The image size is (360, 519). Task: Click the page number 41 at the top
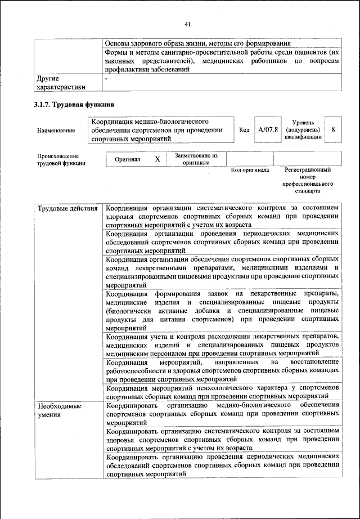click(188, 24)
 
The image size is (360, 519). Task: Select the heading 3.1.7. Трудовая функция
click(75, 104)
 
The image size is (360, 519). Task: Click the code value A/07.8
click(268, 129)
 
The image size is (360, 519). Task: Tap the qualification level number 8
click(334, 129)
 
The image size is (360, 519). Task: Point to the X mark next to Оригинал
click(157, 159)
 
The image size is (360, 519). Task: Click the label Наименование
click(56, 131)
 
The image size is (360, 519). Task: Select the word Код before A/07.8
click(244, 129)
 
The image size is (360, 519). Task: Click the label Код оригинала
click(250, 169)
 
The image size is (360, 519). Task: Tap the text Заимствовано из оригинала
click(196, 159)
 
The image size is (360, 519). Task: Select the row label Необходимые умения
click(59, 410)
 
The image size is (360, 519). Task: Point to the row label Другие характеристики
click(61, 83)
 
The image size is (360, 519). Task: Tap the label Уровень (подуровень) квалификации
click(303, 129)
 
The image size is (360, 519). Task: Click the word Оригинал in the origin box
click(127, 159)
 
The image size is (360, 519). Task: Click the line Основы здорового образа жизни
click(198, 43)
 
